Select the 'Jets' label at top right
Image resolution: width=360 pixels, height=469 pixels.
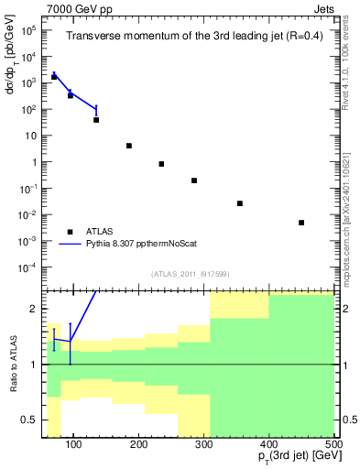[322, 7]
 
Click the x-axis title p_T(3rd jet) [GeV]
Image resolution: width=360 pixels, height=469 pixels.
[289, 459]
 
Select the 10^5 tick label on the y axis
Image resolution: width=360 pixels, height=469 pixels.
[27, 29]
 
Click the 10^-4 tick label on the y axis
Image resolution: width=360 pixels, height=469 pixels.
[27, 267]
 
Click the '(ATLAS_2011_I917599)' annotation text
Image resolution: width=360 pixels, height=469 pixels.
[190, 275]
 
